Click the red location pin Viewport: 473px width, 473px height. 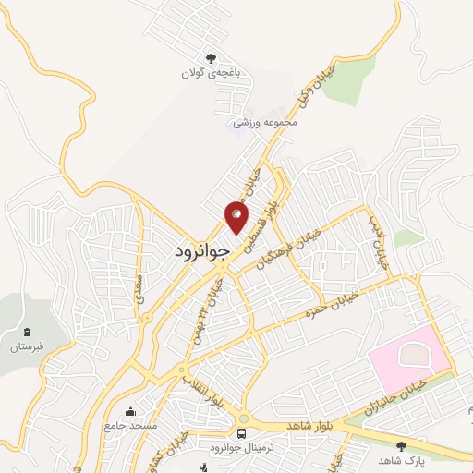(236, 218)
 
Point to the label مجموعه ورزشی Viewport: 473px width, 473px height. (265, 122)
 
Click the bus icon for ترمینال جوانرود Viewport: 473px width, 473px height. (242, 433)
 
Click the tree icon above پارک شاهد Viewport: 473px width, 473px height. (400, 444)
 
